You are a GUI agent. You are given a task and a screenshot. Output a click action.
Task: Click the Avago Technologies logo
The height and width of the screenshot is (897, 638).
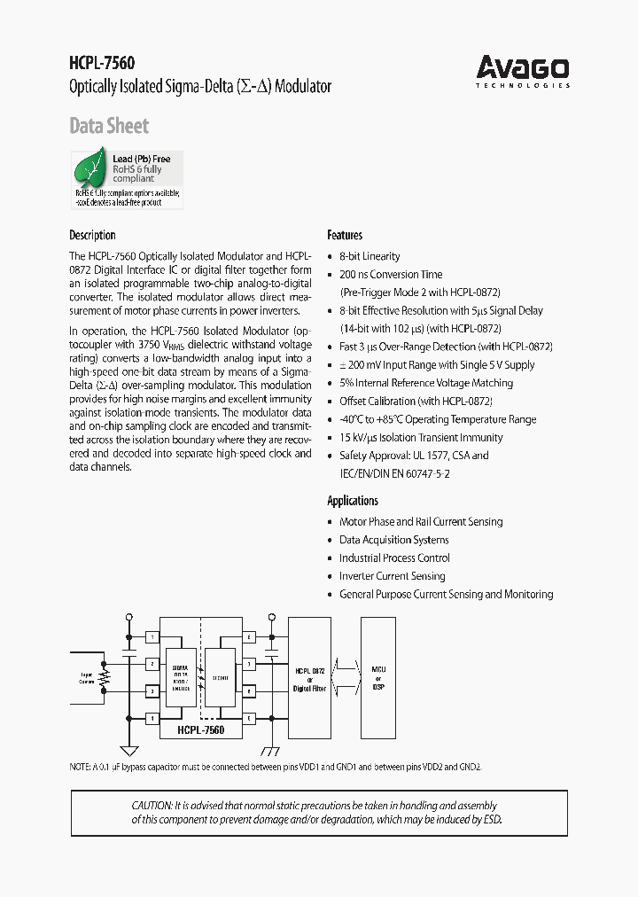[523, 70]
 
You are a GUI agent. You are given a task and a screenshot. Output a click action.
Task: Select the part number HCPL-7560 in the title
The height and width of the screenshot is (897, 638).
[103, 63]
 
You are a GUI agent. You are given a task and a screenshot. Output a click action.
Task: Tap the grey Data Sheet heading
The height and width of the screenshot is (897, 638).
[109, 126]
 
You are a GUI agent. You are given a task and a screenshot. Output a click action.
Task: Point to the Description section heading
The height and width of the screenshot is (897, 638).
[92, 235]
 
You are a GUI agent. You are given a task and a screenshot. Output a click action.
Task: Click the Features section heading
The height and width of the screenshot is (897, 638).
[345, 235]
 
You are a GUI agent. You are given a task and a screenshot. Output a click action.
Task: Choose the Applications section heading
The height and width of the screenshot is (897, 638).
[353, 501]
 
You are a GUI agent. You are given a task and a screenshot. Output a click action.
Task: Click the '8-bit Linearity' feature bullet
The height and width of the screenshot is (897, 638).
[370, 256]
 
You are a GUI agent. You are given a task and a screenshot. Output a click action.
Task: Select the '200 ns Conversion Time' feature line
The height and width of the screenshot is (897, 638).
[391, 274]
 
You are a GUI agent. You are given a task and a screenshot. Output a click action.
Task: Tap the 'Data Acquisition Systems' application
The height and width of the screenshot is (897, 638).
[393, 540]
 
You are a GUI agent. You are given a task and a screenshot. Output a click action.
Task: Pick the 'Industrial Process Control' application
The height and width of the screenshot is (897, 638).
[394, 558]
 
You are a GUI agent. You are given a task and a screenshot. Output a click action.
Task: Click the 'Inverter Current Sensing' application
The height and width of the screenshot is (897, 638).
[392, 576]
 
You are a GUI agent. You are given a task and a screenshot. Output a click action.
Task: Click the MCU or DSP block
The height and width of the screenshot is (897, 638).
[378, 679]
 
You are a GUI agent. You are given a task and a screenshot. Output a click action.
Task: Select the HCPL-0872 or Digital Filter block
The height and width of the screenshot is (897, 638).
[310, 679]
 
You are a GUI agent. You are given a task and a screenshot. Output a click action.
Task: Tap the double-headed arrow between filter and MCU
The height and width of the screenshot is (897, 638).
[346, 679]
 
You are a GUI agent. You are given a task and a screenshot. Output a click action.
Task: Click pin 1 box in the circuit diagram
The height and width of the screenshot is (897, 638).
[152, 636]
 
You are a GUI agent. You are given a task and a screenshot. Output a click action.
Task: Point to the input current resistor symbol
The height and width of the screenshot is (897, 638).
[105, 678]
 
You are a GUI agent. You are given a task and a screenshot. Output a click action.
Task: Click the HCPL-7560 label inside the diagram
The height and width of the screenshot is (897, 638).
[199, 729]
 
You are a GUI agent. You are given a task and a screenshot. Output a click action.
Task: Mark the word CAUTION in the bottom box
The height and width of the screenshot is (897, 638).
[152, 805]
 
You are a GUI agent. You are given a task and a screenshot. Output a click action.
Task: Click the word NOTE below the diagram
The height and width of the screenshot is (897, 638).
[80, 766]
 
